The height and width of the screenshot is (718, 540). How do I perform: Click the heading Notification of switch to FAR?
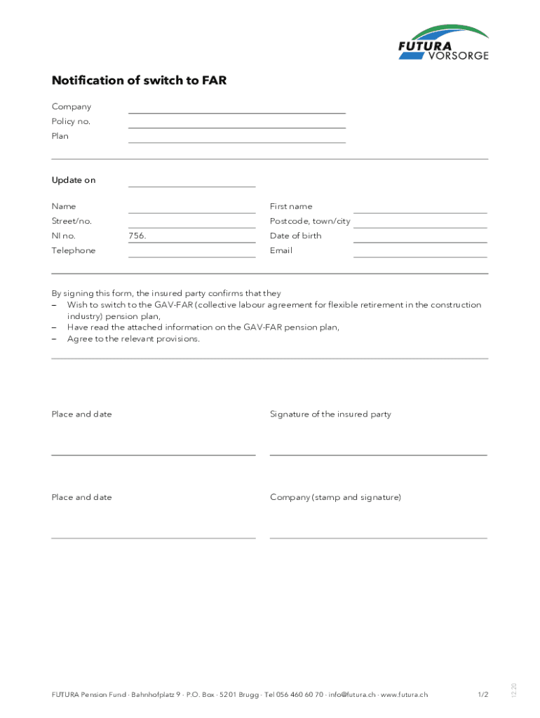tap(139, 81)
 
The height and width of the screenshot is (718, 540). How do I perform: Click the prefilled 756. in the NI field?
tap(137, 236)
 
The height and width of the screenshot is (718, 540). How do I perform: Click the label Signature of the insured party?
tap(330, 414)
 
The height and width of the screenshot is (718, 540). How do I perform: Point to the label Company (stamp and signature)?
tap(335, 497)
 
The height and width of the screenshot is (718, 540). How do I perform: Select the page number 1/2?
tap(483, 695)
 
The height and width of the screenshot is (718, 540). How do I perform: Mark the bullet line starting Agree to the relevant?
tap(133, 339)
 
